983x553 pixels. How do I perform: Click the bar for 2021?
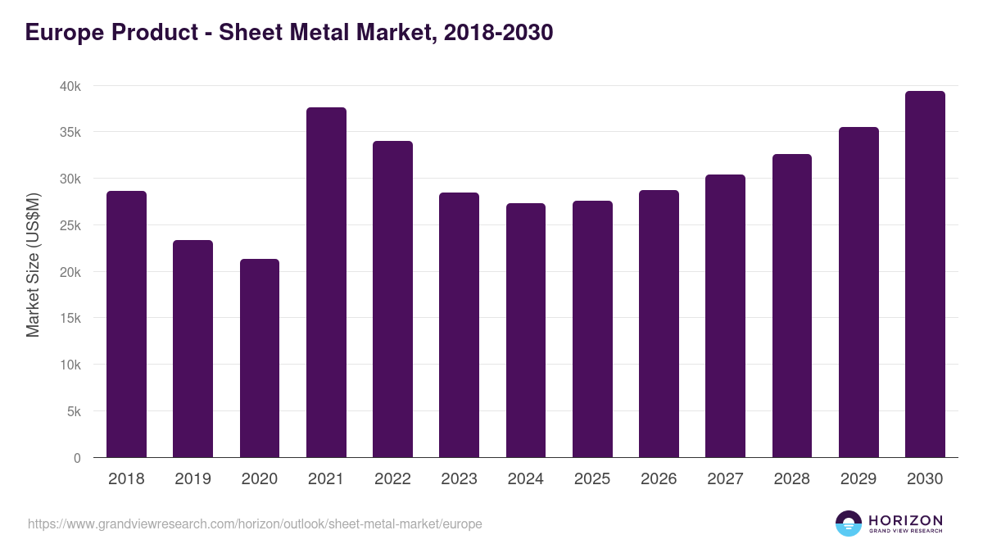point(326,283)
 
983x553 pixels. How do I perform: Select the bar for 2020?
point(260,358)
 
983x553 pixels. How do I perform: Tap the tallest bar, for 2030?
point(925,274)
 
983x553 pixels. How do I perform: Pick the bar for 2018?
point(126,324)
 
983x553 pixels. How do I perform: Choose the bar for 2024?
point(526,330)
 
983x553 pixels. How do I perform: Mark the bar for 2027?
point(725,316)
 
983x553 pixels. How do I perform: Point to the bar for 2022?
point(392,299)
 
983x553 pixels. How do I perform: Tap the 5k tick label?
point(73,411)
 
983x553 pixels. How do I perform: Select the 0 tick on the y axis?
point(77,458)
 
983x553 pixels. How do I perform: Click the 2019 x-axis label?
point(193,479)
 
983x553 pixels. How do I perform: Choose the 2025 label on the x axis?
point(592,479)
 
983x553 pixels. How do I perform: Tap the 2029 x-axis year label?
point(858,479)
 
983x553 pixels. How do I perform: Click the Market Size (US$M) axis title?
point(33,265)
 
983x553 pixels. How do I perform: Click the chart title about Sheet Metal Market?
point(289,33)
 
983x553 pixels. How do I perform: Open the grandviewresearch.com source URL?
point(255,524)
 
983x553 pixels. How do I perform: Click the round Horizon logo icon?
point(849,524)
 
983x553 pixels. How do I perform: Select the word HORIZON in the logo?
point(905,520)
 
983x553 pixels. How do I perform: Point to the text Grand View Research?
point(905,532)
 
